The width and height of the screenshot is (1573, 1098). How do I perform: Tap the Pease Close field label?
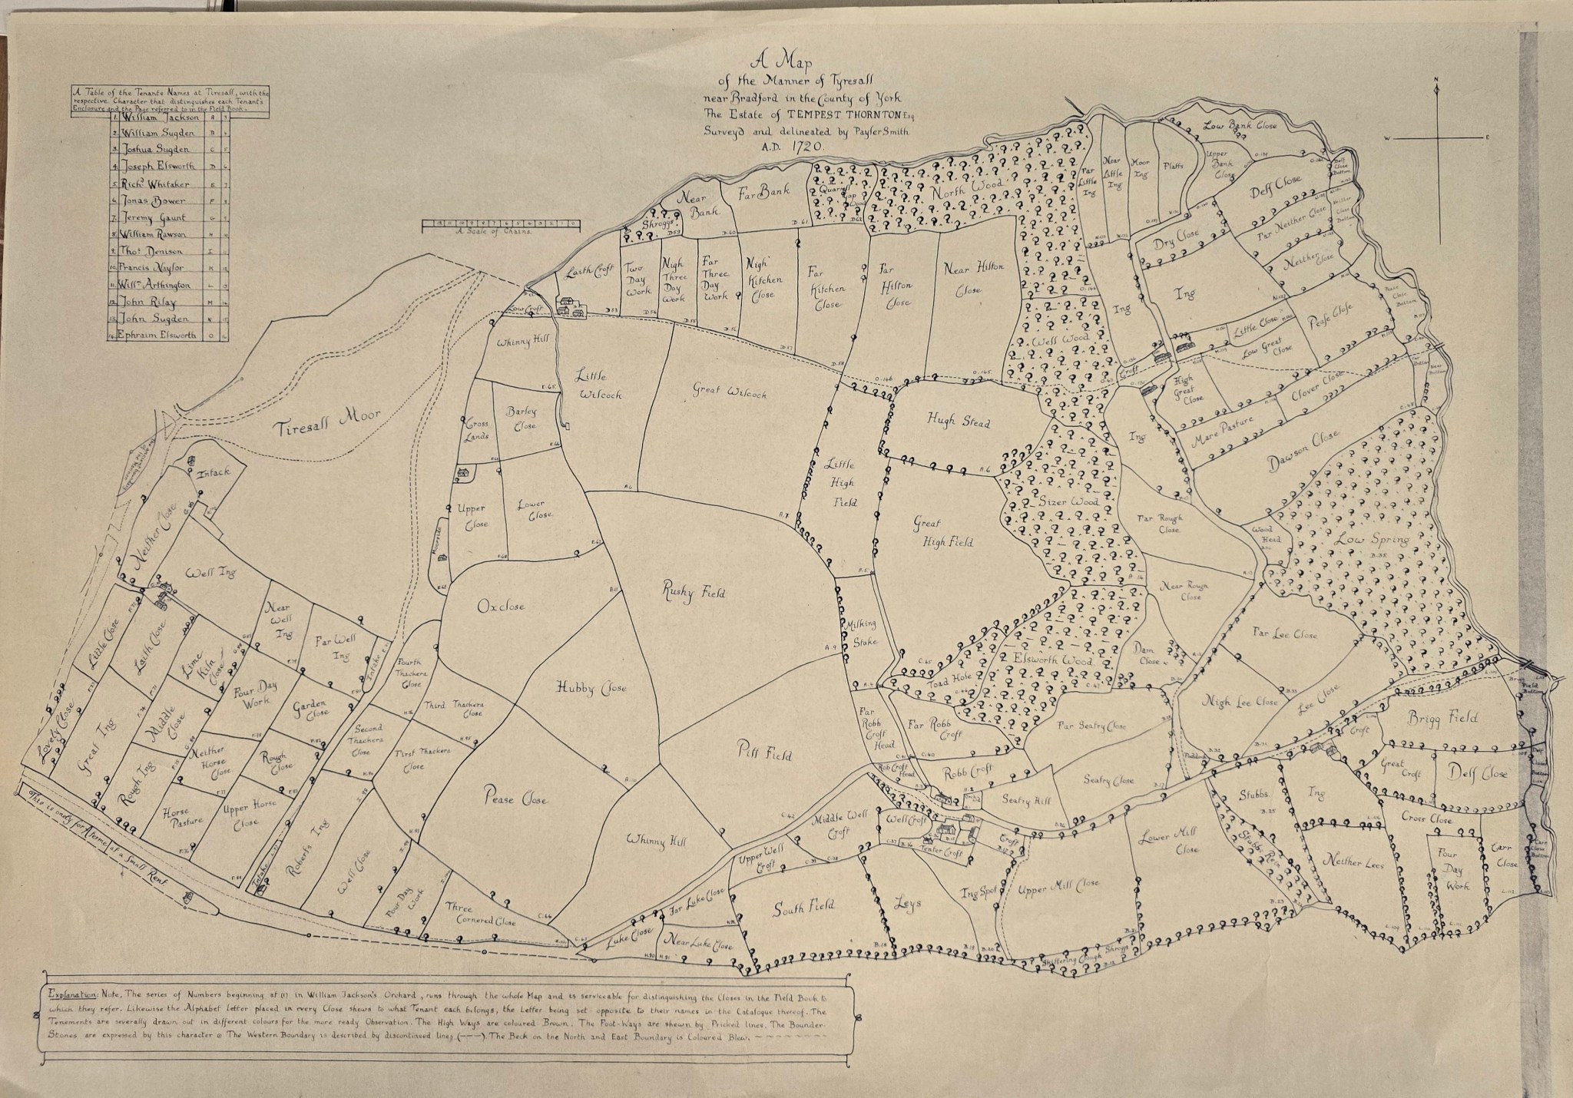(515, 799)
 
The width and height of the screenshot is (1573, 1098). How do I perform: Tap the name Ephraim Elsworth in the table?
(158, 336)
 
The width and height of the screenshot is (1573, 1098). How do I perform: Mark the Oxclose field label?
(501, 607)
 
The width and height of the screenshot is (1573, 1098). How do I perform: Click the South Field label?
(803, 908)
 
